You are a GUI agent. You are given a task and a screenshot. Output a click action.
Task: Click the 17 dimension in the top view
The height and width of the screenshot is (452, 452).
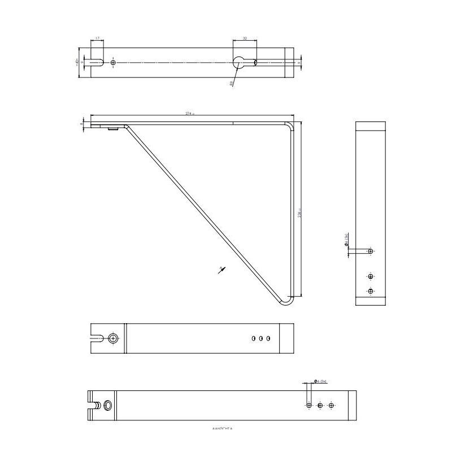pyautogui.click(x=97, y=38)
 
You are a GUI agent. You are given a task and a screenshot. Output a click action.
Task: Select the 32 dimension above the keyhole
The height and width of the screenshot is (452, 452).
pyautogui.click(x=245, y=38)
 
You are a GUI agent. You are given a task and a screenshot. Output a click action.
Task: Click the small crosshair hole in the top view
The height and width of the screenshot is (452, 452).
pyautogui.click(x=113, y=62)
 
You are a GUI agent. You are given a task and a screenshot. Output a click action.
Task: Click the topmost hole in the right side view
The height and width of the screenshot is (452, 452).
pyautogui.click(x=371, y=251)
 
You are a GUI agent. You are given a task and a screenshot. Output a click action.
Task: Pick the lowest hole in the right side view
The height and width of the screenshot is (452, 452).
pyautogui.click(x=371, y=291)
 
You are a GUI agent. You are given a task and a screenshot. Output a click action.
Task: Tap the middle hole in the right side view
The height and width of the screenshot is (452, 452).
pyautogui.click(x=371, y=276)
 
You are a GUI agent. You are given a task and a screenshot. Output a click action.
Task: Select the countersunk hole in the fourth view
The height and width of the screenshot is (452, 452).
pyautogui.click(x=114, y=338)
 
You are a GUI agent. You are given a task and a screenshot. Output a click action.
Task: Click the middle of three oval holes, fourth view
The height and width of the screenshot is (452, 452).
pyautogui.click(x=261, y=338)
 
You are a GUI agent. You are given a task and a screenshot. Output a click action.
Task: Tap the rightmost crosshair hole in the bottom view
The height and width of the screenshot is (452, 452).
pyautogui.click(x=332, y=405)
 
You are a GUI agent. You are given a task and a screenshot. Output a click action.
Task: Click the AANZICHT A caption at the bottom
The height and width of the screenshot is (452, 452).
pyautogui.click(x=223, y=429)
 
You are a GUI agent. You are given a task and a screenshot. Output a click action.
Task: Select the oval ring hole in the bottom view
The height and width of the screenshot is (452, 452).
pyautogui.click(x=107, y=405)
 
